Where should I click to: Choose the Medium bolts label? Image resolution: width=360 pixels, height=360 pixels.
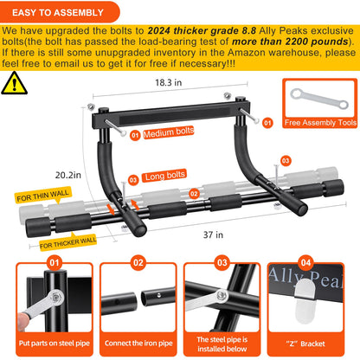click(170, 134)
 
